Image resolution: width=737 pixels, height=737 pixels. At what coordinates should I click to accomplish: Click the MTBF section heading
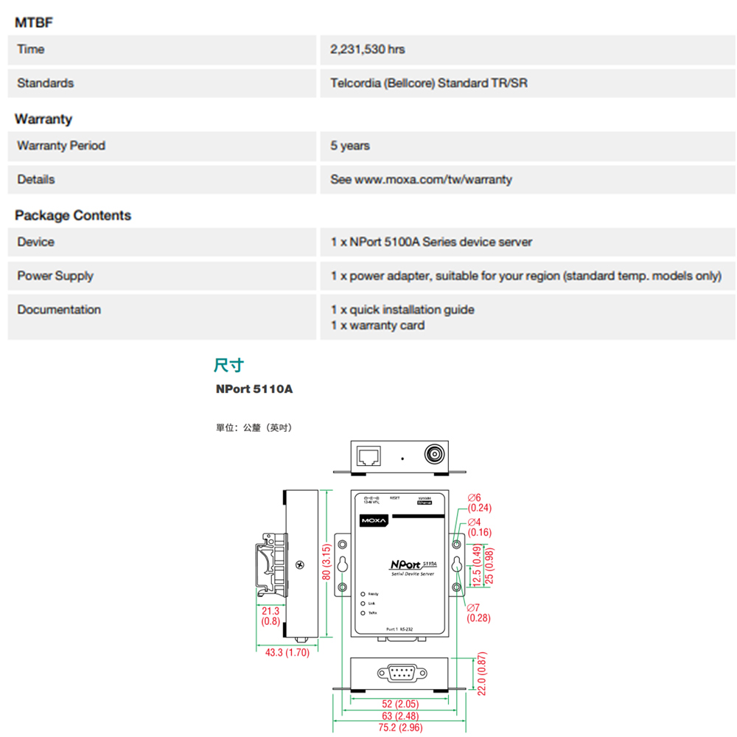pyautogui.click(x=33, y=23)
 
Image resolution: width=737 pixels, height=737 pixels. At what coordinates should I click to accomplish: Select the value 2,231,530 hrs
pyautogui.click(x=367, y=49)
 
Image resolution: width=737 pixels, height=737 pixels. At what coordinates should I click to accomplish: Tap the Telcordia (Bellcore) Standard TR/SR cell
pyautogui.click(x=428, y=83)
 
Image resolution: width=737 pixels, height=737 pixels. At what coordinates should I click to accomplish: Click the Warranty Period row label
pyautogui.click(x=61, y=146)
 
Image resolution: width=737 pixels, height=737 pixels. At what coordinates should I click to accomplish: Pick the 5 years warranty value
pyautogui.click(x=350, y=146)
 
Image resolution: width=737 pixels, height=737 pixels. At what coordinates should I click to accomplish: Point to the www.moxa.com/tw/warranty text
pyautogui.click(x=433, y=180)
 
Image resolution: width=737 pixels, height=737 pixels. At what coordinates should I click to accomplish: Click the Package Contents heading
pyautogui.click(x=72, y=215)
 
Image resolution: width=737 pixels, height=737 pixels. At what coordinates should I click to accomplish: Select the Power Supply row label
pyautogui.click(x=55, y=276)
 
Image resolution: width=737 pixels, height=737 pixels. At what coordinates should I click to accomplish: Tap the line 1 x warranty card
pyautogui.click(x=377, y=325)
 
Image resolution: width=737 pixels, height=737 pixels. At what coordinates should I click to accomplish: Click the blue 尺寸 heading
pyautogui.click(x=228, y=365)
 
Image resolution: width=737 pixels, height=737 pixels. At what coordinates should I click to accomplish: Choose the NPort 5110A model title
pyautogui.click(x=254, y=388)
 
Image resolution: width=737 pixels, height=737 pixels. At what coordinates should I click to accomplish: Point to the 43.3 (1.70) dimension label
pyautogui.click(x=287, y=653)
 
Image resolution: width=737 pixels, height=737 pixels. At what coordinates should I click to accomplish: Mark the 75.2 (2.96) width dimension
pyautogui.click(x=400, y=728)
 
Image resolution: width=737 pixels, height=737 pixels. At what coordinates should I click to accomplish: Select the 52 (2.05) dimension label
pyautogui.click(x=400, y=705)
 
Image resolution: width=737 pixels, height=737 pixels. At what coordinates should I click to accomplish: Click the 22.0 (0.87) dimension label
pyautogui.click(x=482, y=673)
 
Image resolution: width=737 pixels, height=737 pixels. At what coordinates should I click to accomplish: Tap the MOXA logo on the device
pyautogui.click(x=373, y=521)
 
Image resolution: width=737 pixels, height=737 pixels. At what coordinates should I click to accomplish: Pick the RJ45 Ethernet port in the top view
pyautogui.click(x=368, y=456)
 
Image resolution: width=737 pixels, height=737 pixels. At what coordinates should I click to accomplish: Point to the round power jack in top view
pyautogui.click(x=434, y=455)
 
